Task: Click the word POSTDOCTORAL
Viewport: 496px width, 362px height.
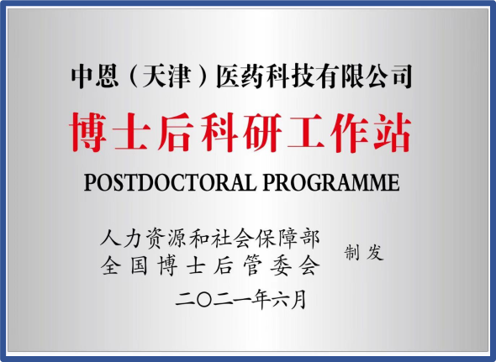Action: pos(170,182)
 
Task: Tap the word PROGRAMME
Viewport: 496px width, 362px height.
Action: pos(331,182)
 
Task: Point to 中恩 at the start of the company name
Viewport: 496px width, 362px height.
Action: pos(95,76)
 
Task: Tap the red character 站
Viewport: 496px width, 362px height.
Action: pos(393,132)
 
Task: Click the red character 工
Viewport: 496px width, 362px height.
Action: pos(305,132)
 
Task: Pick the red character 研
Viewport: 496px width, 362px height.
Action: pos(262,132)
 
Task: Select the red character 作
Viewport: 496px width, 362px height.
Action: pos(349,132)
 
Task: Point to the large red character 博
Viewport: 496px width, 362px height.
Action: pos(88,132)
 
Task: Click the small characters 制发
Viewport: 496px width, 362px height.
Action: pos(364,252)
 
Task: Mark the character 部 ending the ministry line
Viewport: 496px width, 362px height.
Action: pos(309,239)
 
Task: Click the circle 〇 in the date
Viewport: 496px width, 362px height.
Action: pos(204,299)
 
